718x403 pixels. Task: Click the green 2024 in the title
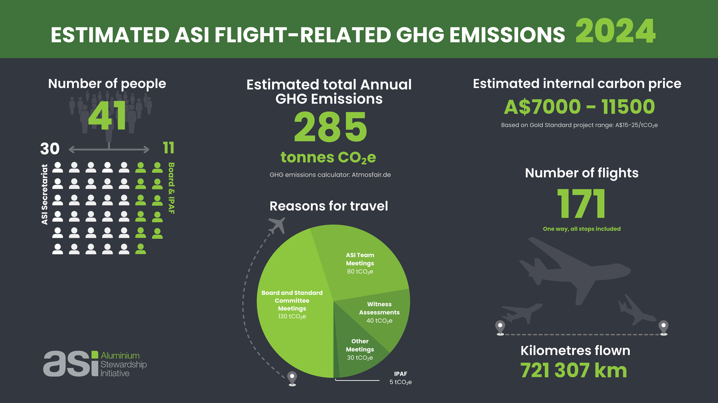click(x=616, y=31)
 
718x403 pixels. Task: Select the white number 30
click(x=50, y=149)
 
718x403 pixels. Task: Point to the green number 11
click(x=168, y=147)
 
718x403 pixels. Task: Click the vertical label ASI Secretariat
click(x=45, y=195)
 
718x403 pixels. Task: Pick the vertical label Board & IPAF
click(x=172, y=188)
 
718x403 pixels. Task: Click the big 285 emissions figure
click(x=330, y=127)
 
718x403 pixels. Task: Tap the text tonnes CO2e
click(x=328, y=158)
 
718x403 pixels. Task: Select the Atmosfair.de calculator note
click(x=330, y=175)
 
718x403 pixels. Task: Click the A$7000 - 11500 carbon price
click(x=579, y=107)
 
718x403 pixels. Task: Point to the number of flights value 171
click(x=582, y=204)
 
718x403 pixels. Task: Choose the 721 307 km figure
click(x=574, y=370)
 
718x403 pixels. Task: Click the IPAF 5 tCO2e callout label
click(x=401, y=378)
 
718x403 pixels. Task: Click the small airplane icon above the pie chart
click(x=277, y=225)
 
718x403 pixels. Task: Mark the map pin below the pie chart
click(x=292, y=378)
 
